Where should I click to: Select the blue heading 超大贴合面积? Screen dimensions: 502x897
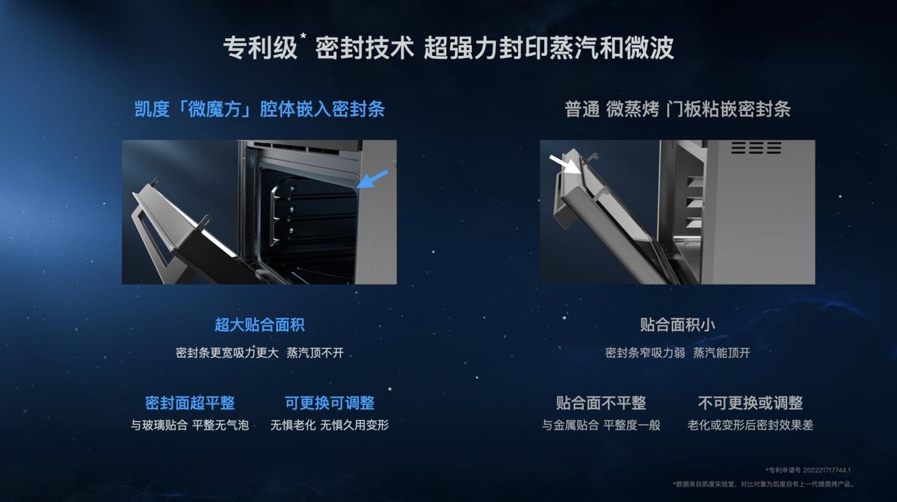259,325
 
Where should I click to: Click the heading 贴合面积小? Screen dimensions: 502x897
678,325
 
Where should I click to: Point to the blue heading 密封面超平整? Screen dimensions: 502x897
190,403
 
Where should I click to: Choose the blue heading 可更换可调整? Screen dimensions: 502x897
330,403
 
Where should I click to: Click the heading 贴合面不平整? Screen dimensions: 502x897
601,403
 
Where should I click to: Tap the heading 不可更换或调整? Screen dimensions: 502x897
750,403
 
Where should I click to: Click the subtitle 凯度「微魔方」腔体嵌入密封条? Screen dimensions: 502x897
259,110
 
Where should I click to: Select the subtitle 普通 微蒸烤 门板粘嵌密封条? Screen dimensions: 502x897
677,110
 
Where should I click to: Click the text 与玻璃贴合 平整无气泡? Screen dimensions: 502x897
190,425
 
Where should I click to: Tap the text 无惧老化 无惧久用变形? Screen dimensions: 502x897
330,425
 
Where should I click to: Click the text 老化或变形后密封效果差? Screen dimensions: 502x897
750,425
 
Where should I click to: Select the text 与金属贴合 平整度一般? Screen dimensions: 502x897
601,425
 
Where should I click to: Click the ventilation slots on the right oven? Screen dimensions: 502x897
756,148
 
